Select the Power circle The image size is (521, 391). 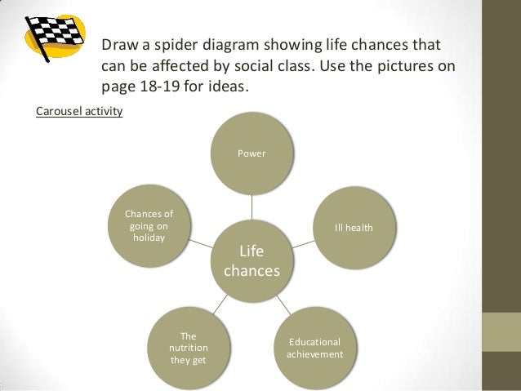pyautogui.click(x=252, y=153)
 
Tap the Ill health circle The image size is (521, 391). pyautogui.click(x=354, y=227)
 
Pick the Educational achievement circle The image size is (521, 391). pyautogui.click(x=314, y=349)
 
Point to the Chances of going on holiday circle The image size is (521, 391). pyautogui.click(x=148, y=226)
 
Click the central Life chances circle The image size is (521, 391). pyautogui.click(x=252, y=260)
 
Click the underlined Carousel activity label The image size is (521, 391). pyautogui.click(x=79, y=110)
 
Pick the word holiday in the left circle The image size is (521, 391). pyautogui.click(x=148, y=238)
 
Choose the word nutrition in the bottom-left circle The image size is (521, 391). pyautogui.click(x=188, y=347)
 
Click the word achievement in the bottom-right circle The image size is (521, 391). pyautogui.click(x=314, y=354)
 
